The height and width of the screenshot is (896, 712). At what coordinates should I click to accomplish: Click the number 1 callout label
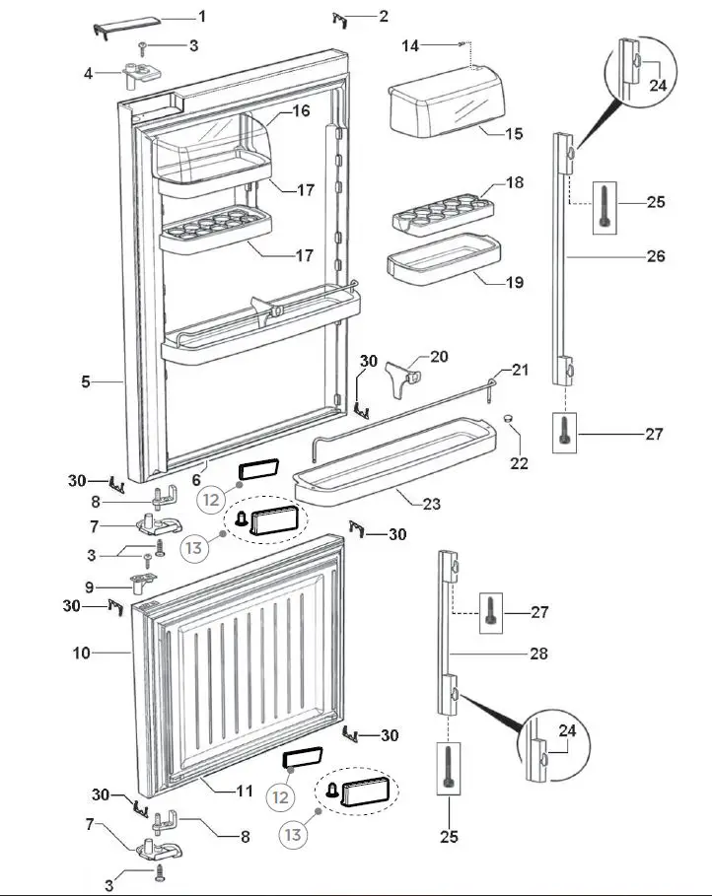[x=202, y=17]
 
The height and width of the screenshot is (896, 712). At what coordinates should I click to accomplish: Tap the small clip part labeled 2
[x=340, y=18]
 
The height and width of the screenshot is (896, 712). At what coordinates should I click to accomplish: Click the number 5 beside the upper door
[x=87, y=380]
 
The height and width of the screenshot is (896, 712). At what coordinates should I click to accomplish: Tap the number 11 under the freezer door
[x=243, y=791]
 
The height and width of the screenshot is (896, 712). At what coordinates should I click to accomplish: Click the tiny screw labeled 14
[x=462, y=43]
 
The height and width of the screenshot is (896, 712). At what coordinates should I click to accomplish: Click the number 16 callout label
[x=301, y=111]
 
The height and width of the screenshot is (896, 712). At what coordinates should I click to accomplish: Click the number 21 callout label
[x=521, y=370]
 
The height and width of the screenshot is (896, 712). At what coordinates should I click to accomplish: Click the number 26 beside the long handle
[x=657, y=256]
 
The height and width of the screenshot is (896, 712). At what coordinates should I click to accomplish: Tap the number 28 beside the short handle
[x=537, y=654]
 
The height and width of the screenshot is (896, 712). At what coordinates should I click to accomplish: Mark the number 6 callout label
[x=196, y=480]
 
